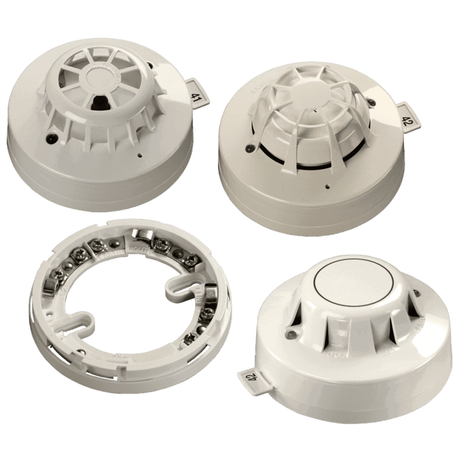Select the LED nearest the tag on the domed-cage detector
click(x=372, y=103)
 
